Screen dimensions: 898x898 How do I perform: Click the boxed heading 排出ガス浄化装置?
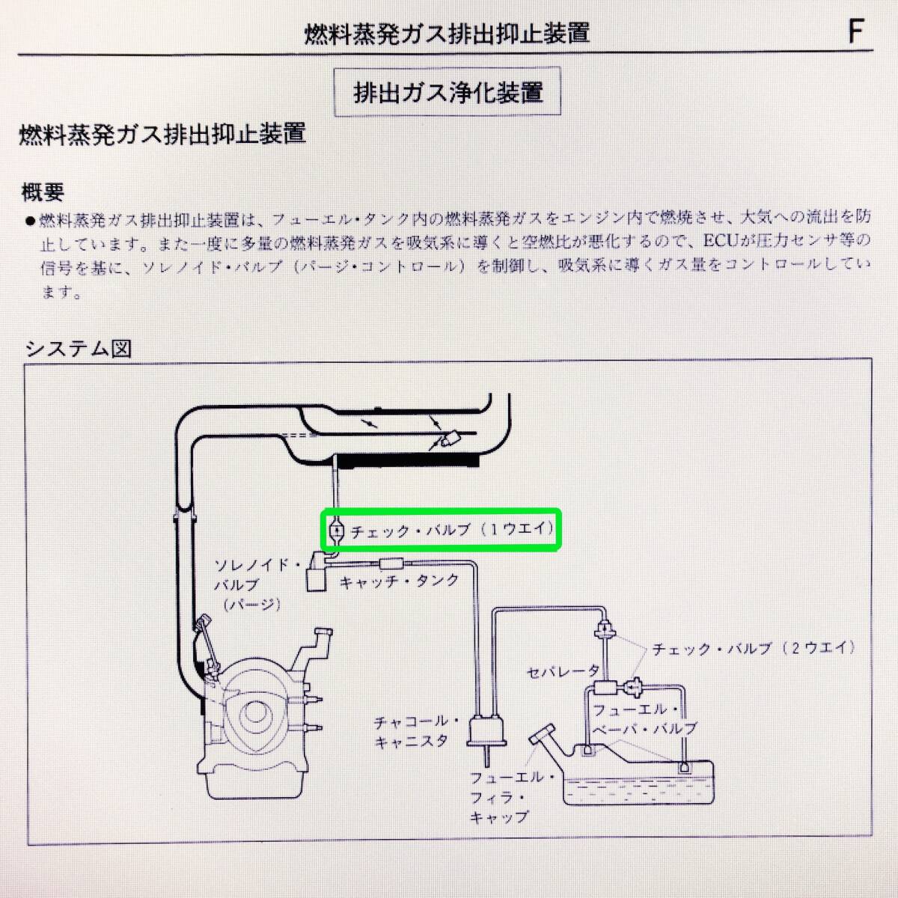[x=447, y=94]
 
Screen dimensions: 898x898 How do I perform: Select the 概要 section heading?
[x=43, y=192]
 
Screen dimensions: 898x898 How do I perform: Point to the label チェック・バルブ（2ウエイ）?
[x=754, y=648]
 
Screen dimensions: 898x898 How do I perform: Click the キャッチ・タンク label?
[x=399, y=581]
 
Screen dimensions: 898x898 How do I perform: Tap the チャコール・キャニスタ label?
[x=410, y=731]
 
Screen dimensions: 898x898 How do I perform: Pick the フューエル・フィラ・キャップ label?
[x=504, y=798]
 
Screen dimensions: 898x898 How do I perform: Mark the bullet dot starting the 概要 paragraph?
[x=29, y=221]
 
